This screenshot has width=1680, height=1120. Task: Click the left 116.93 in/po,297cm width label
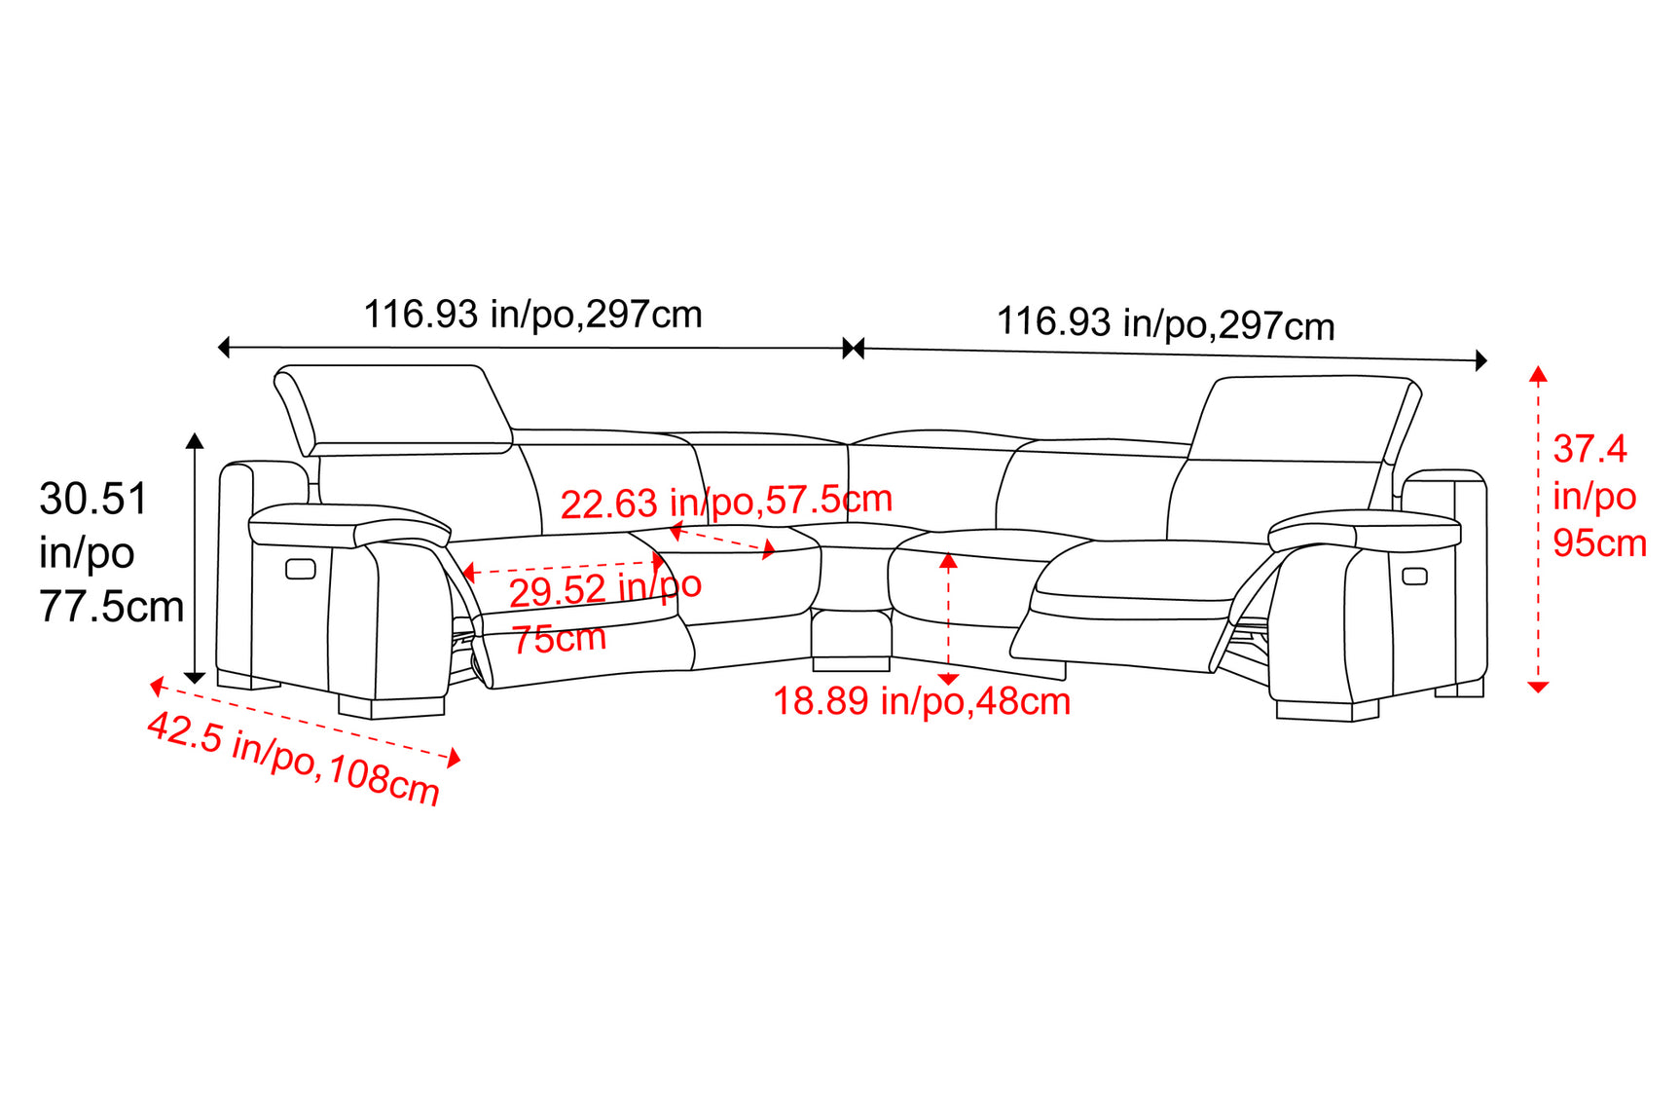532,315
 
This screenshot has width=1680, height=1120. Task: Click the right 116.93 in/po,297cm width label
1165,323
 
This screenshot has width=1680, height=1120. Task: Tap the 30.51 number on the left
93,499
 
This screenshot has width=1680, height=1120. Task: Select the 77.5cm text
112,607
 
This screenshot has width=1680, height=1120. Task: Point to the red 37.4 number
1589,449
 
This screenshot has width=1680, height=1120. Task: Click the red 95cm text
1599,542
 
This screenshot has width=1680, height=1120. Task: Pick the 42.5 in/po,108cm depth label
293,759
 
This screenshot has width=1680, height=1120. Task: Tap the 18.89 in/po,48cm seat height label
921,701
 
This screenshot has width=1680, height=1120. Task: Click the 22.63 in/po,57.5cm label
726,502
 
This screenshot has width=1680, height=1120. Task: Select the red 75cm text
559,639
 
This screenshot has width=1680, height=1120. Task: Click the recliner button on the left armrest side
301,568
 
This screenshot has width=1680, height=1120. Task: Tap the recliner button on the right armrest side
1414,576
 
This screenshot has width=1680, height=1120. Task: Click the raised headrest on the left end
392,409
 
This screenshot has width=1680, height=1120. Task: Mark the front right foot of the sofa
1328,711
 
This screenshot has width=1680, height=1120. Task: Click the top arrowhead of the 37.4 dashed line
1538,373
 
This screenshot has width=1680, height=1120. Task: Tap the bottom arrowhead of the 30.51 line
195,677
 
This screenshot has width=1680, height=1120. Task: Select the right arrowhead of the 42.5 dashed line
454,758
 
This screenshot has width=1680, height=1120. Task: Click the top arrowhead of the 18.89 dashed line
948,560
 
